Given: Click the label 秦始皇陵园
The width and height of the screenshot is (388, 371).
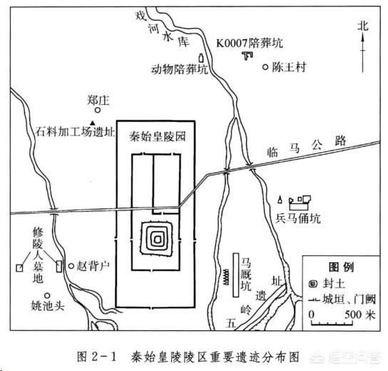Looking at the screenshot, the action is pyautogui.click(x=158, y=136).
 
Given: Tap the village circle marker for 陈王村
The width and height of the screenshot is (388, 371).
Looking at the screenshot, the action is pyautogui.click(x=265, y=67).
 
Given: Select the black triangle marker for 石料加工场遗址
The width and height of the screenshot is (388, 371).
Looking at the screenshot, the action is pyautogui.click(x=93, y=123).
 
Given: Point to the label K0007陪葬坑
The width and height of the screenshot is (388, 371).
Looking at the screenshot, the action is pyautogui.click(x=250, y=44).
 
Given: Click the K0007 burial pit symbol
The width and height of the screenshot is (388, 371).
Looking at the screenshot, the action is pyautogui.click(x=247, y=56).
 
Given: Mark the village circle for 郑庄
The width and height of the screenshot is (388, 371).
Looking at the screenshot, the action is pyautogui.click(x=98, y=110).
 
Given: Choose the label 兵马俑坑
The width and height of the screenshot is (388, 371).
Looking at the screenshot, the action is pyautogui.click(x=298, y=218).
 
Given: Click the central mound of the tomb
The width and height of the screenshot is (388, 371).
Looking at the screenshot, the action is pyautogui.click(x=157, y=239).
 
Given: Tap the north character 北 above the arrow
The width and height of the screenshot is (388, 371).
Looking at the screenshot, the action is pyautogui.click(x=363, y=26).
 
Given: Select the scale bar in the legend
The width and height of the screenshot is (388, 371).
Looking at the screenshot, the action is pyautogui.click(x=332, y=323).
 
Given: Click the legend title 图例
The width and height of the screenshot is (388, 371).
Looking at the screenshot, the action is pyautogui.click(x=341, y=267).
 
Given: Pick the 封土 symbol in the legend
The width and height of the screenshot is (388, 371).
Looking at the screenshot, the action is pyautogui.click(x=313, y=284).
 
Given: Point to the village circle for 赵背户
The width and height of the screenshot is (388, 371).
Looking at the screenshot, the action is pyautogui.click(x=71, y=266).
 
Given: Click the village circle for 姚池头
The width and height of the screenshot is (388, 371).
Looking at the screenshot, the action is pyautogui.click(x=47, y=295).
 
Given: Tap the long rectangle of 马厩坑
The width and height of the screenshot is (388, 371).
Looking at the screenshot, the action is pyautogui.click(x=236, y=275).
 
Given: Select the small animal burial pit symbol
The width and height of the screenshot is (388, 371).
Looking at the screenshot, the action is pyautogui.click(x=201, y=58).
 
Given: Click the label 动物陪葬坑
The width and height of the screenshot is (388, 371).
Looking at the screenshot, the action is pyautogui.click(x=180, y=69).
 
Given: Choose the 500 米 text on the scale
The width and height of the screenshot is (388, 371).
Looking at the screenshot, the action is pyautogui.click(x=360, y=315).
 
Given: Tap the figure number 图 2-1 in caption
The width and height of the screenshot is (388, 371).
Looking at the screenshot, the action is pyautogui.click(x=96, y=357).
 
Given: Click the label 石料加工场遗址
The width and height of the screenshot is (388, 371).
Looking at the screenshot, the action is pyautogui.click(x=75, y=132).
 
